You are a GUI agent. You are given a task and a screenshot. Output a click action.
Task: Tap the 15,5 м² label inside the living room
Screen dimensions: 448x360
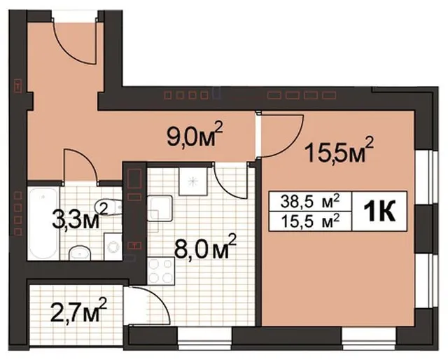point(339,149)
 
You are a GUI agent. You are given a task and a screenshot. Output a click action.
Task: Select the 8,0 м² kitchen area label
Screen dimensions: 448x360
point(205,247)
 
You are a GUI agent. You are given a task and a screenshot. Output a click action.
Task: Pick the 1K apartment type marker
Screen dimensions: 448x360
point(379,211)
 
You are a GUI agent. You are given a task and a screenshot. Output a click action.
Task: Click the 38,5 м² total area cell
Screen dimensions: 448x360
point(310,201)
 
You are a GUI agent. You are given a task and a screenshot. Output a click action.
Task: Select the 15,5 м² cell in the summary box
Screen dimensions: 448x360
point(310,221)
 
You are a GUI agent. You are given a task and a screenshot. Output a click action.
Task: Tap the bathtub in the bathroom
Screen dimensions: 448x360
point(43,223)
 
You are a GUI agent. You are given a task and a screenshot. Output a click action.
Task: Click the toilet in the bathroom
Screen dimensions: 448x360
point(108,207)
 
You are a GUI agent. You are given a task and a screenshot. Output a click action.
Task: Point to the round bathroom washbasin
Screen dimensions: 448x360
point(80,252)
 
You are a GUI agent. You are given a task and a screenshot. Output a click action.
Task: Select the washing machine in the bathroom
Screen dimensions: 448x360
point(113,247)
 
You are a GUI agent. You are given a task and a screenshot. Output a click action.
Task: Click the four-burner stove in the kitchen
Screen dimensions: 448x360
point(161,270)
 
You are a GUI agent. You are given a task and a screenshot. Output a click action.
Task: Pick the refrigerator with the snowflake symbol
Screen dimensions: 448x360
point(193,181)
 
